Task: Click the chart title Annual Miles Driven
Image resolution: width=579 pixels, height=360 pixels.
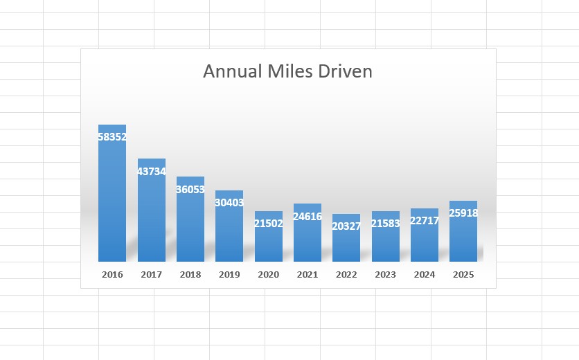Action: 287,71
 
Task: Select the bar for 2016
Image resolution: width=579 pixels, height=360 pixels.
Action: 112,201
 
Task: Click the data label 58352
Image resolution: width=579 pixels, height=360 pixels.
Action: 112,137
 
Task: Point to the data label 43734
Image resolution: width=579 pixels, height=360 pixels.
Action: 151,171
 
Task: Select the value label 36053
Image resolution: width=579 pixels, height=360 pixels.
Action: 190,189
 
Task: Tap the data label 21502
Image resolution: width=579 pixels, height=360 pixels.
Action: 268,224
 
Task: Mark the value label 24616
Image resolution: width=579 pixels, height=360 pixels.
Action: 308,216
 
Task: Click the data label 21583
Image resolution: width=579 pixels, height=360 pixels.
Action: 385,224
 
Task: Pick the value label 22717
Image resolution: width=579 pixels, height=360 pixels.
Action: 425,221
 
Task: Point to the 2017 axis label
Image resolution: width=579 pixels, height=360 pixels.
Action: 151,275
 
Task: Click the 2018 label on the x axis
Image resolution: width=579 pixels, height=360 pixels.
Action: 190,275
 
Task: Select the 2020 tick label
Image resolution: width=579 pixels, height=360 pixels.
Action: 268,275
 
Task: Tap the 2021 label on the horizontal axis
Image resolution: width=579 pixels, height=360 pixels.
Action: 308,275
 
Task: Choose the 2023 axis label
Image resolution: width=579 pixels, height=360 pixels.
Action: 385,275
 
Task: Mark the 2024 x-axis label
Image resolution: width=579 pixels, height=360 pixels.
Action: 425,275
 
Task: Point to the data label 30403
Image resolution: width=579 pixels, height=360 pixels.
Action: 229,203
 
